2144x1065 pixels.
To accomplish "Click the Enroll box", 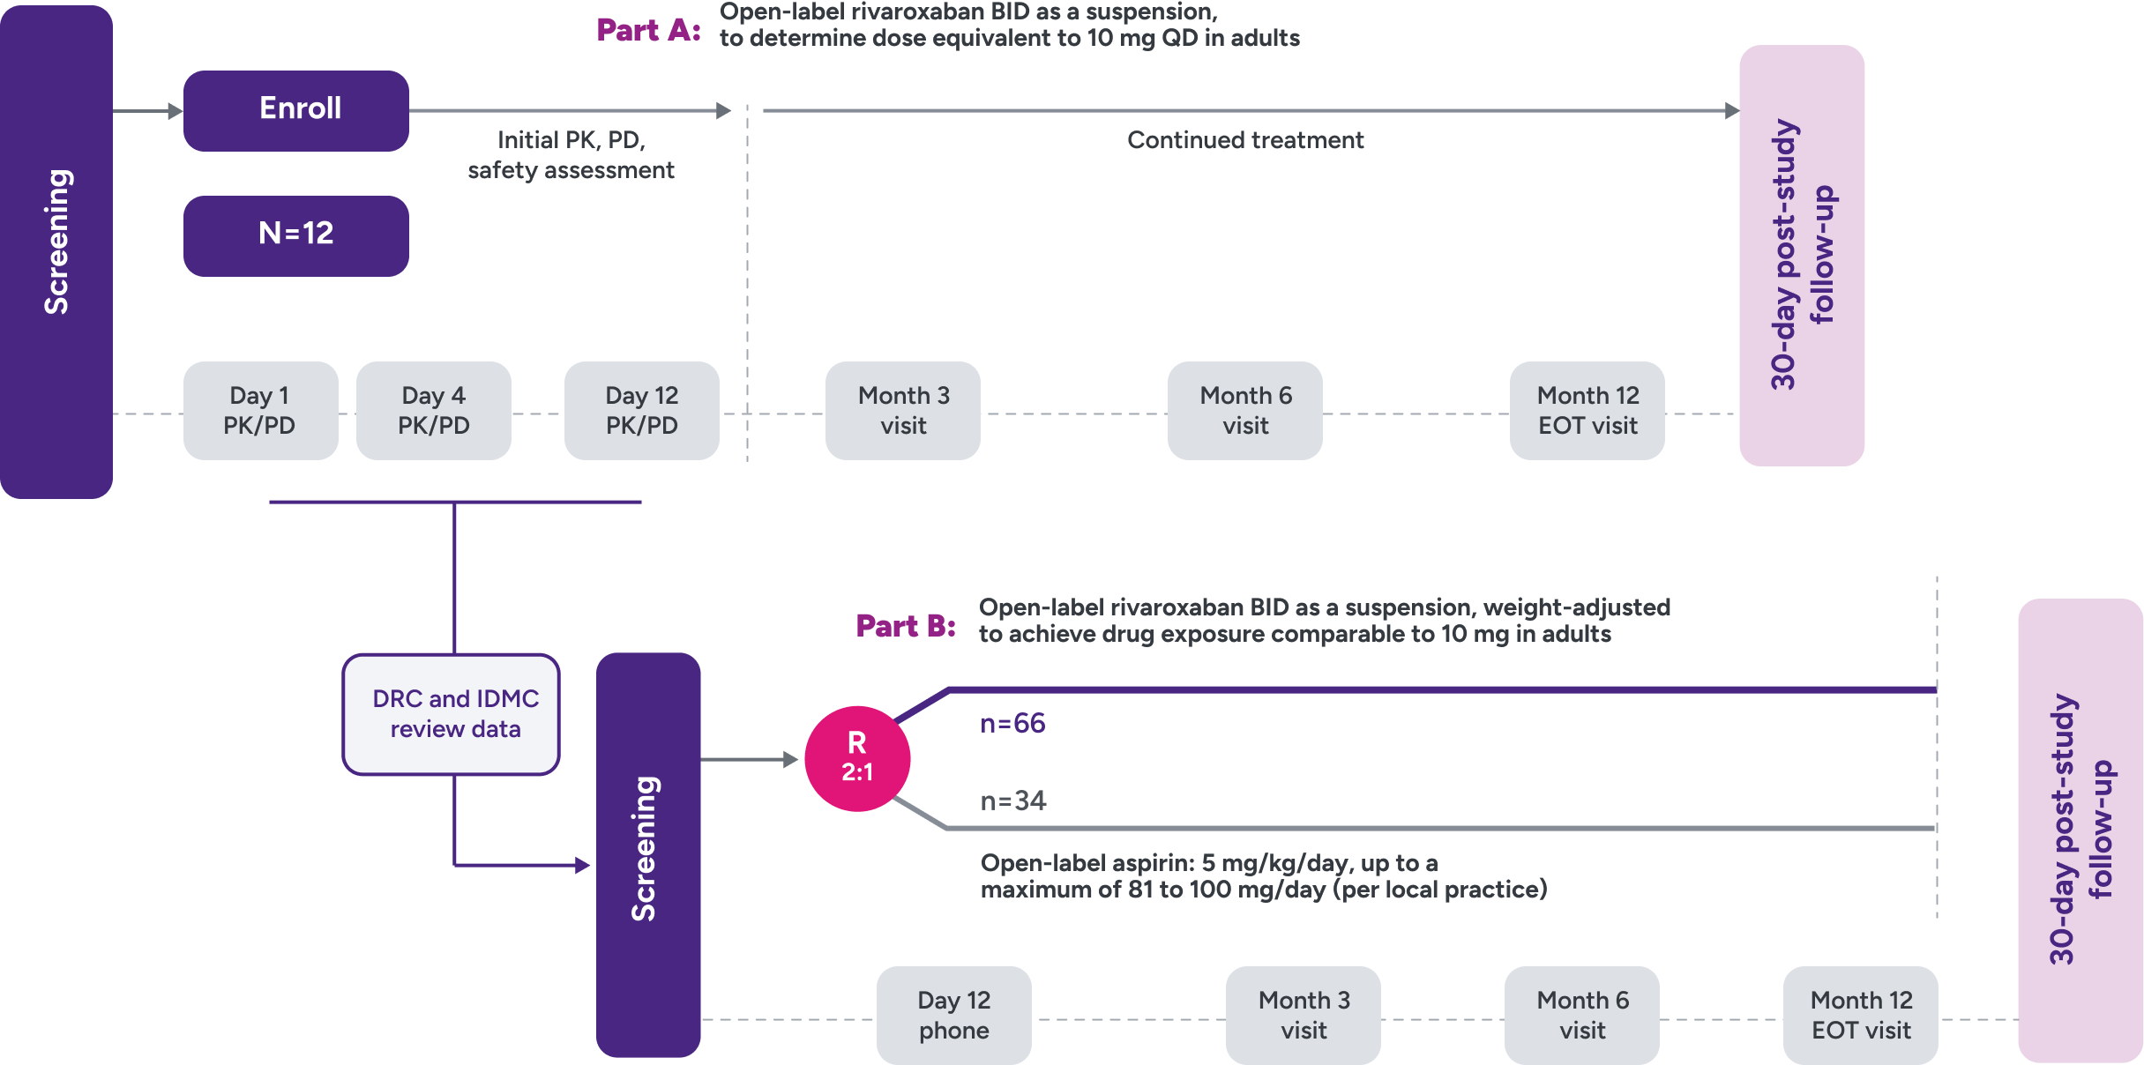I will click(295, 110).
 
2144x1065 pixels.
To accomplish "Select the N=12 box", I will click(295, 235).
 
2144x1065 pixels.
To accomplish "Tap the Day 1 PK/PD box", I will click(260, 410).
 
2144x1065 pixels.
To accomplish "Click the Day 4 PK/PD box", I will click(433, 410).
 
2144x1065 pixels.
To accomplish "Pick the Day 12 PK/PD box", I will click(641, 410).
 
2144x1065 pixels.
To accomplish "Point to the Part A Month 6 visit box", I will click(1244, 410).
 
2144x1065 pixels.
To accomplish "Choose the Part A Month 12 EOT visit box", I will click(1587, 410).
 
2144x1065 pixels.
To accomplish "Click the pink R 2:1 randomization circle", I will click(856, 758).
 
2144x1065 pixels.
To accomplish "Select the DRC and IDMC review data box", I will click(451, 714).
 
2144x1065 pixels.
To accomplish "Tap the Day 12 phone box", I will click(953, 1015).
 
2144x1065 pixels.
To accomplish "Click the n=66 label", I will click(1012, 724).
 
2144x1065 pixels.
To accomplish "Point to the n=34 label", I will click(1012, 801).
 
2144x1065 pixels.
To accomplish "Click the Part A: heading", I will click(648, 30).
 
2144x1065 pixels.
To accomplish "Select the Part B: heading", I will click(906, 626).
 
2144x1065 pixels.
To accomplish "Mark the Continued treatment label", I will click(1244, 140).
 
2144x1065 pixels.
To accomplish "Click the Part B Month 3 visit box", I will click(1303, 1015).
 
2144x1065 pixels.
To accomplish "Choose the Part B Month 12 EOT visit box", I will click(1860, 1015).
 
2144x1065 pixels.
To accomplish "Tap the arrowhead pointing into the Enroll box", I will click(175, 111).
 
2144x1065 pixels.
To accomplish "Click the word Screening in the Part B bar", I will click(645, 848).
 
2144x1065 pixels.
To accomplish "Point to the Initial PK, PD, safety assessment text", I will click(571, 155).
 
